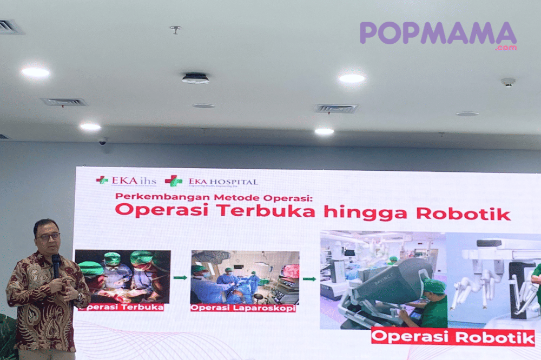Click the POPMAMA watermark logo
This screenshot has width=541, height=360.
438,34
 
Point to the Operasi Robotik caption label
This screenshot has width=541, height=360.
453,337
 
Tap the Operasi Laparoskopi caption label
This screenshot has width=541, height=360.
242,308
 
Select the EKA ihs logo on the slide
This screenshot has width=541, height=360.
126,181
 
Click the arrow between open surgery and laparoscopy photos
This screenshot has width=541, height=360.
180,278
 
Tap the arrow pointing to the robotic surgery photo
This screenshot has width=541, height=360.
309,279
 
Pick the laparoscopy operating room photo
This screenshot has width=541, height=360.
245,277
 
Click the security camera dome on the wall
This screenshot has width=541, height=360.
103,142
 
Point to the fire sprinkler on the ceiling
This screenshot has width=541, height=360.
175,29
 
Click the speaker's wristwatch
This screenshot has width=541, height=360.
80,296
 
